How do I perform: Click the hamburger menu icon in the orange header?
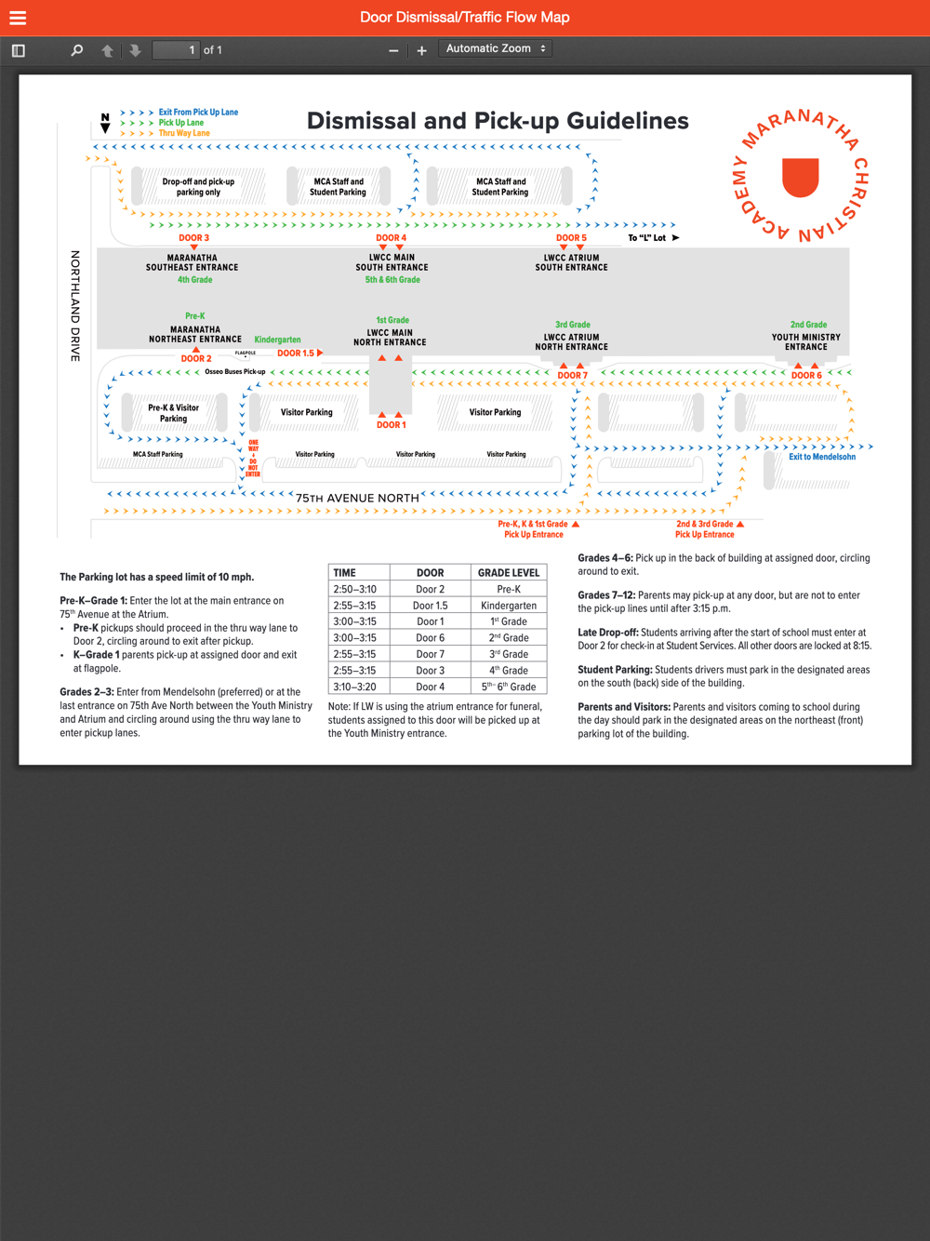click(18, 18)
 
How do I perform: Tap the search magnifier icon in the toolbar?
click(77, 50)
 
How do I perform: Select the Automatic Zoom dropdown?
click(496, 48)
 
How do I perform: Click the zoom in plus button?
click(421, 50)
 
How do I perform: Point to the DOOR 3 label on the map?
click(193, 238)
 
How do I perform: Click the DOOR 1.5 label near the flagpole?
click(296, 354)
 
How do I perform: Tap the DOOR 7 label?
click(572, 376)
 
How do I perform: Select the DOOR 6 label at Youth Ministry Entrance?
click(806, 376)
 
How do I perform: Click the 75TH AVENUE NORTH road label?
click(357, 498)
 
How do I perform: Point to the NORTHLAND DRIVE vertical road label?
click(75, 305)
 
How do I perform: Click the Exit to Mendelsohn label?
click(822, 457)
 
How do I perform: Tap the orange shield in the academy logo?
click(800, 177)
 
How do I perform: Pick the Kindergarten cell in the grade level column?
click(509, 606)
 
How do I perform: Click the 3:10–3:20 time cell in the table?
click(355, 687)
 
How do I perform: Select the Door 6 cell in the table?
click(430, 638)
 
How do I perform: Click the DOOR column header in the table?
click(430, 573)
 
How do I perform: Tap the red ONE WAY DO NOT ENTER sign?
click(253, 459)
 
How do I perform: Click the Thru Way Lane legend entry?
click(184, 133)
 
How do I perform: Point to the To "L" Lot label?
click(647, 238)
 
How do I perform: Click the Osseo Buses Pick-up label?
click(234, 372)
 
